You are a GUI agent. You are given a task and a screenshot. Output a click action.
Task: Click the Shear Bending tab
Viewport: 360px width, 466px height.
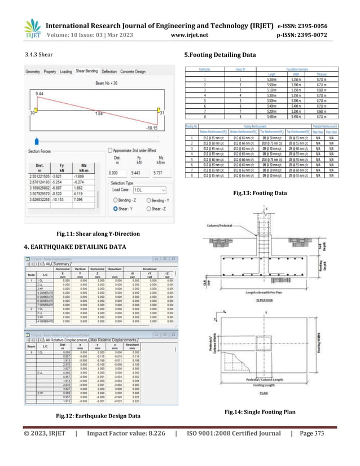coord(87,72)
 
